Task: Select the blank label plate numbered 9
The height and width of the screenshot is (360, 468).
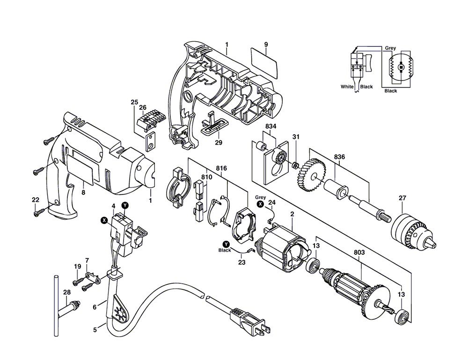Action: [x=265, y=64]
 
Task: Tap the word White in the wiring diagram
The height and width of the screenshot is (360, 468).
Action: [x=347, y=87]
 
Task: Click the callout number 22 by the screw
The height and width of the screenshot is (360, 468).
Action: [x=36, y=200]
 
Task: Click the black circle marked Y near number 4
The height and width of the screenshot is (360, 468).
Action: [x=125, y=205]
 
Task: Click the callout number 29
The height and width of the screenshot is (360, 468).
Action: [x=218, y=142]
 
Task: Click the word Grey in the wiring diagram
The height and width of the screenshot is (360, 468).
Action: [x=390, y=48]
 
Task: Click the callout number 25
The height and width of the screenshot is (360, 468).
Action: [x=134, y=102]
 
